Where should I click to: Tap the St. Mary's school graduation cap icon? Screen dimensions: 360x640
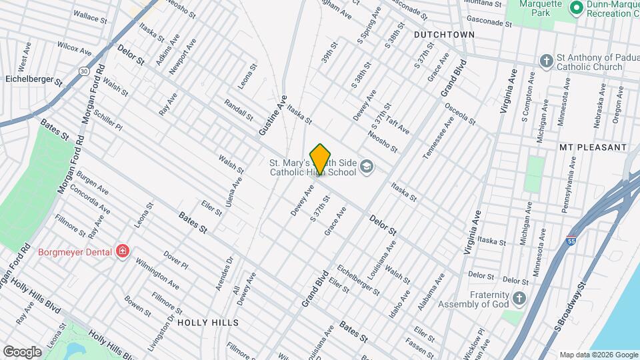[366, 166]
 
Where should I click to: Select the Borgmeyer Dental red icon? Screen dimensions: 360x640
[122, 251]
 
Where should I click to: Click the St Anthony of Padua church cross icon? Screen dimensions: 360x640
[546, 61]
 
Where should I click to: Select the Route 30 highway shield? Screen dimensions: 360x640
[83, 70]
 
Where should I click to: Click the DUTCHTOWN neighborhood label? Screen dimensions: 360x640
[444, 35]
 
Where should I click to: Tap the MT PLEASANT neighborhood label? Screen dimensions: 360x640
[593, 147]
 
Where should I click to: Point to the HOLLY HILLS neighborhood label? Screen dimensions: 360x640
[207, 323]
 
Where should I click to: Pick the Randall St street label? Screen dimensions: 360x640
[239, 110]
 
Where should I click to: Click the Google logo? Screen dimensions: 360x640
[22, 352]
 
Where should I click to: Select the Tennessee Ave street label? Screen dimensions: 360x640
[438, 137]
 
